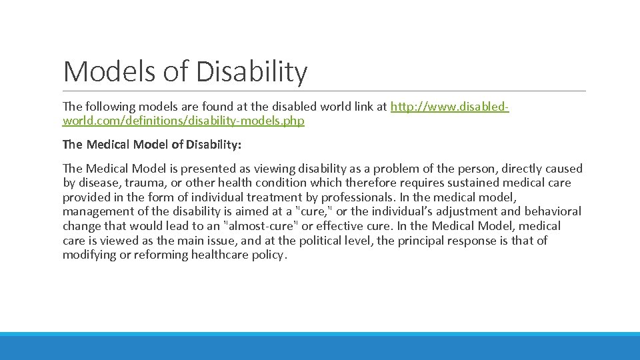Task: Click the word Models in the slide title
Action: pos(101,71)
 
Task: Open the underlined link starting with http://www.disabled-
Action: pos(449,107)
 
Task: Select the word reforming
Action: pos(155,255)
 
